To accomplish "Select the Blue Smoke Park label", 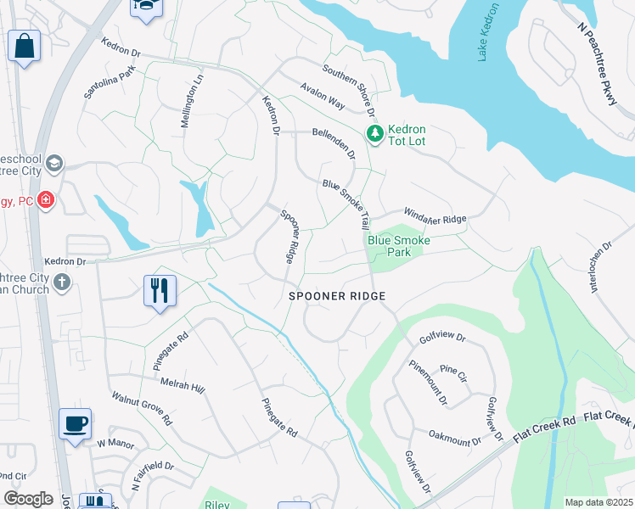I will [398, 247].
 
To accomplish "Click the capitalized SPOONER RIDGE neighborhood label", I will [337, 296].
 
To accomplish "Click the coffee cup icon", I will [75, 422].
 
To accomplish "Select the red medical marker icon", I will [46, 200].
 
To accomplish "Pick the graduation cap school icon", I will [54, 163].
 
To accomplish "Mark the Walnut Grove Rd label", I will [142, 408].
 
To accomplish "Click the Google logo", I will [28, 499].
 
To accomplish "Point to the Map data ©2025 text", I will [598, 502].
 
